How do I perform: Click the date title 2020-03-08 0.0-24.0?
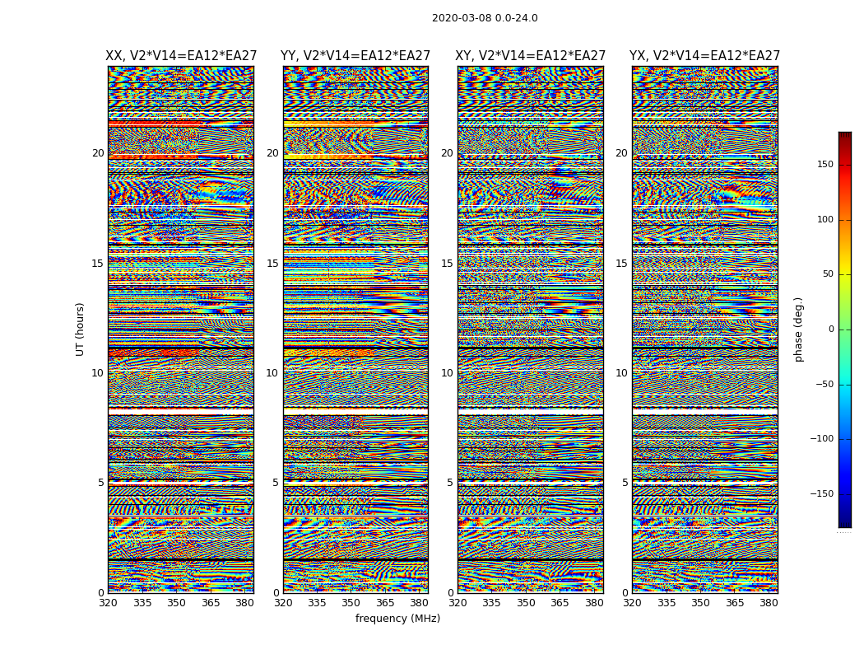coord(485,18)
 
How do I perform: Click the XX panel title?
coord(180,56)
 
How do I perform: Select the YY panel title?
coord(355,56)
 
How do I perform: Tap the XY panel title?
coord(531,56)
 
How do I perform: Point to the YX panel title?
coord(705,56)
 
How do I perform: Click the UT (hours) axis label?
coord(80,329)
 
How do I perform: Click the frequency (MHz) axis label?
coord(397,619)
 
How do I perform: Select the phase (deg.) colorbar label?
coord(798,329)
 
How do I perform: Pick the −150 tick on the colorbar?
coord(820,494)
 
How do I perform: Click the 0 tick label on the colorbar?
coord(830,329)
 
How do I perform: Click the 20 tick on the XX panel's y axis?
coord(98,153)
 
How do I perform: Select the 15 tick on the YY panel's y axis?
coord(272,264)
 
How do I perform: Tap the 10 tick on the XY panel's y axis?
coord(447,373)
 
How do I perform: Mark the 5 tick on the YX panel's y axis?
coord(625,483)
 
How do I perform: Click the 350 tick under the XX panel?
coord(176,603)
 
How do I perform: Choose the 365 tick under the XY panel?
coord(560,603)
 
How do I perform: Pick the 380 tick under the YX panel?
coord(769,603)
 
